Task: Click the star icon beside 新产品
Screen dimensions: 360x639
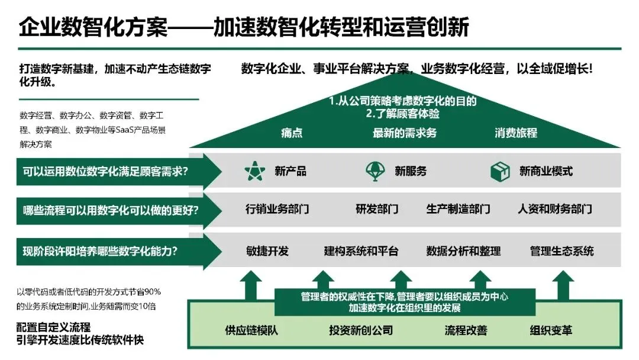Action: (x=255, y=171)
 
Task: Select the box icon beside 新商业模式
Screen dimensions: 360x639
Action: (x=500, y=171)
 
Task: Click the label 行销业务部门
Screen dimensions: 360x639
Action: (x=277, y=209)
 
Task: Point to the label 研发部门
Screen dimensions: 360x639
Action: (x=377, y=209)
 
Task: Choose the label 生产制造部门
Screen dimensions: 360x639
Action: (x=458, y=209)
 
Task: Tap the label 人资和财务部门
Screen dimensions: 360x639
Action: (x=554, y=209)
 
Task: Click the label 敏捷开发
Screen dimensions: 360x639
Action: (x=267, y=251)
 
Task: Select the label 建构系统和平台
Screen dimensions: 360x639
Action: (x=361, y=251)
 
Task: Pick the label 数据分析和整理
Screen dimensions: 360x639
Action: (x=463, y=251)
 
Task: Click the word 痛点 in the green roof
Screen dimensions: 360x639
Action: (x=292, y=133)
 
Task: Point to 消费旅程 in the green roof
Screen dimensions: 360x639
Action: (x=516, y=133)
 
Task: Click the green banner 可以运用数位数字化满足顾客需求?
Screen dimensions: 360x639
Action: (x=112, y=172)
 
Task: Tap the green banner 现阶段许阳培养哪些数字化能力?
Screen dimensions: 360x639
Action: (x=112, y=251)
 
